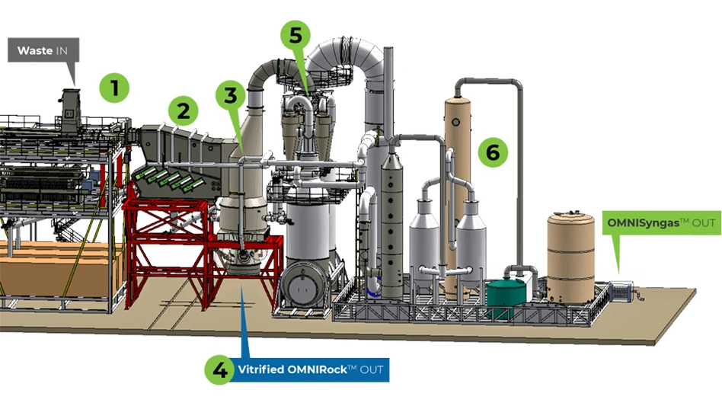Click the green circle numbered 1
(x=114, y=88)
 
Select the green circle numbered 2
(x=183, y=112)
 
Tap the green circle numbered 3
(x=231, y=95)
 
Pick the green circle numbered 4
(x=220, y=371)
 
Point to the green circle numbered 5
(x=296, y=34)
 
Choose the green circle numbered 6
(x=493, y=152)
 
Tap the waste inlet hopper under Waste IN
(x=73, y=103)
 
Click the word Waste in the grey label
(x=35, y=50)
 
